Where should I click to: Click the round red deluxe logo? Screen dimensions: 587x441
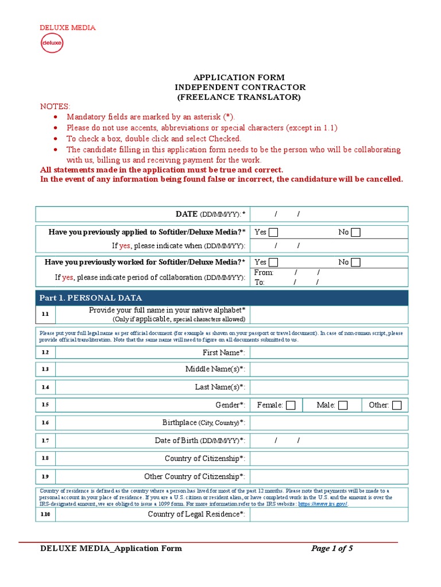[52, 43]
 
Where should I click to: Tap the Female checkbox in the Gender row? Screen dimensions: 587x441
[291, 405]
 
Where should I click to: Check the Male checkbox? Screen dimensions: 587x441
[343, 405]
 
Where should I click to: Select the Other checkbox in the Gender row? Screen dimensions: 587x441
[396, 405]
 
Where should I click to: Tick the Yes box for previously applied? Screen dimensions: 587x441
[273, 232]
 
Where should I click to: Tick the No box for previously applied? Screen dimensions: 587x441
[356, 232]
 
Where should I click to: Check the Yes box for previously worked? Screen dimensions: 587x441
[273, 263]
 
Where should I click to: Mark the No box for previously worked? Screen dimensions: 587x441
[356, 263]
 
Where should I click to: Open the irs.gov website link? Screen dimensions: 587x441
[323, 504]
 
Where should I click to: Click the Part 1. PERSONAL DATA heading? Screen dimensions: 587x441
[91, 298]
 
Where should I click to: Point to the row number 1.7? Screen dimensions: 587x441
[45, 441]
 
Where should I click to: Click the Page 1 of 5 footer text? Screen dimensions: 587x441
[332, 549]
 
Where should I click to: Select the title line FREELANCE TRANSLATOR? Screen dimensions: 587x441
[239, 97]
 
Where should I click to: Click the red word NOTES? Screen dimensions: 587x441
[55, 107]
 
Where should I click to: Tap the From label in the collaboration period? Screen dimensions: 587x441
[264, 273]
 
